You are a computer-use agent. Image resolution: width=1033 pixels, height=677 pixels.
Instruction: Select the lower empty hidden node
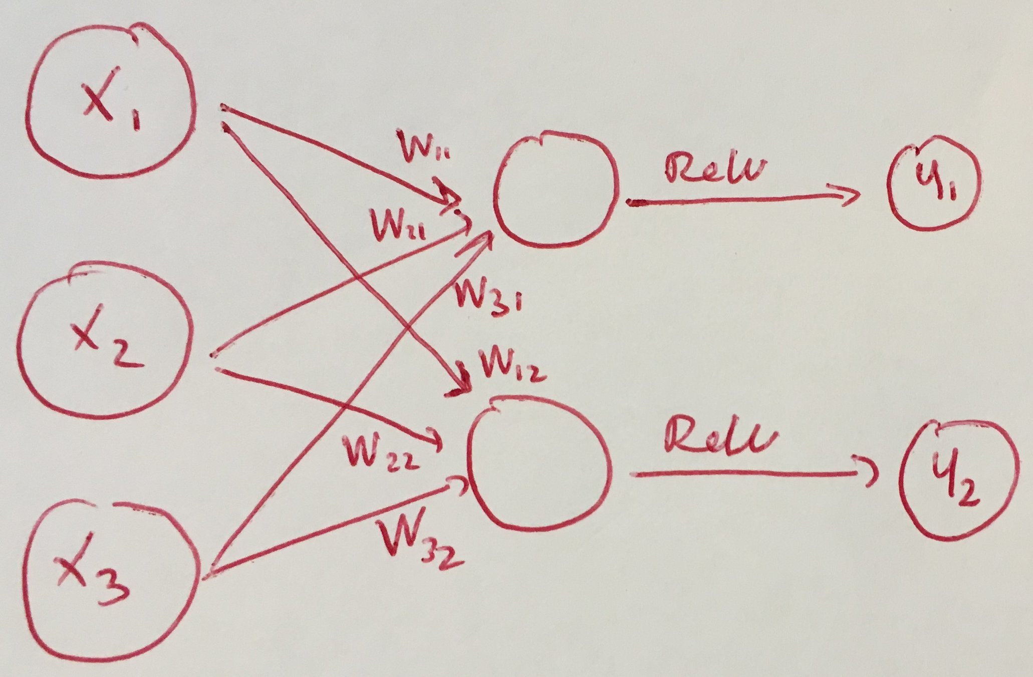(x=539, y=469)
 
